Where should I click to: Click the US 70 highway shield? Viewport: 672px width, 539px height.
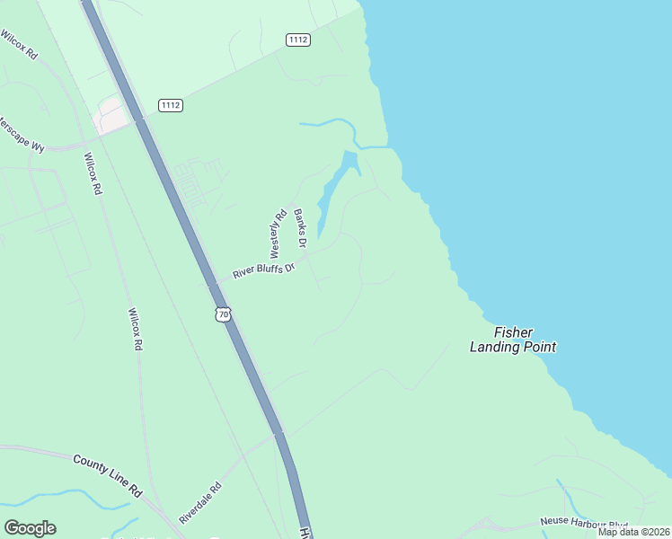point(224,314)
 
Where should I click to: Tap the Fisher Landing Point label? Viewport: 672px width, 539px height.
point(513,339)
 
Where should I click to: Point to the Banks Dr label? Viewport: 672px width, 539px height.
point(300,230)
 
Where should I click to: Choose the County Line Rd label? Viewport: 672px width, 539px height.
point(108,475)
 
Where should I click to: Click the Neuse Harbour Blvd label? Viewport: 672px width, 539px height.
point(583,522)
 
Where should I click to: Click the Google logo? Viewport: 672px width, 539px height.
point(30,528)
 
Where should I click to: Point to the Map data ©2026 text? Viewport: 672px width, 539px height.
point(633,532)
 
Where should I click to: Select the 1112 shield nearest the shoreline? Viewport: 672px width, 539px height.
point(298,40)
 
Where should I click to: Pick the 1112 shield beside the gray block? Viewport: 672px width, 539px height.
point(171,105)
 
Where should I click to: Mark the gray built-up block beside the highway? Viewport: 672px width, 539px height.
point(111,115)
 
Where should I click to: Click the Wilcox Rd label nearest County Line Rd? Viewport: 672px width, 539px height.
point(135,329)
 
